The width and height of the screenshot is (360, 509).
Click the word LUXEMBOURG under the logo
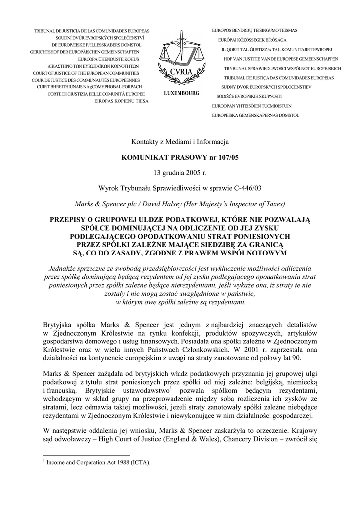(x=180, y=93)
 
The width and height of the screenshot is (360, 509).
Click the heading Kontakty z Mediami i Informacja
(x=180, y=142)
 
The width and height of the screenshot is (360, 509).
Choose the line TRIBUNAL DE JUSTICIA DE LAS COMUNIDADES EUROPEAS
(x=91, y=31)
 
